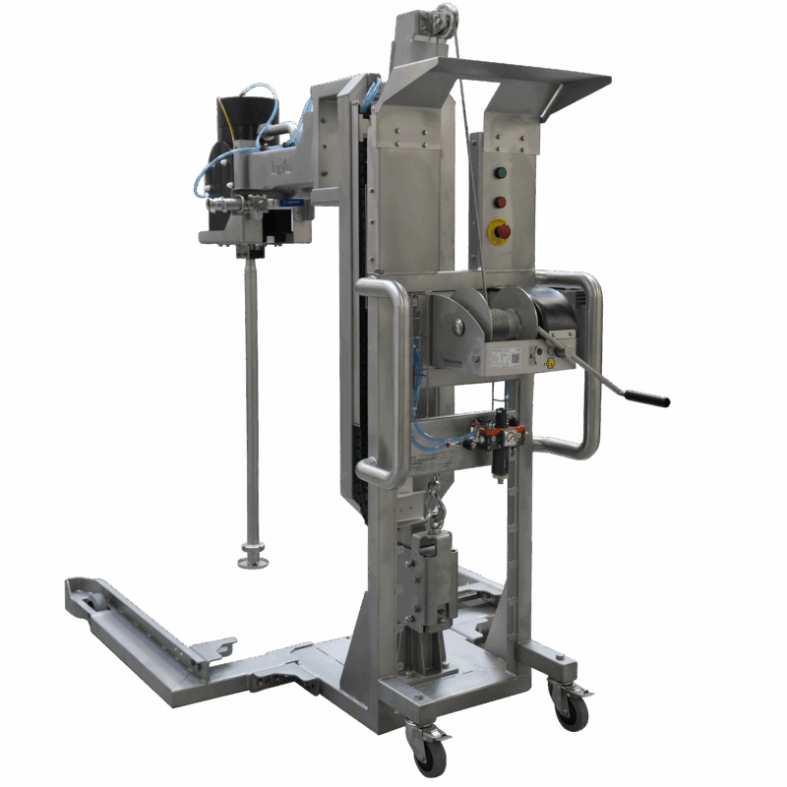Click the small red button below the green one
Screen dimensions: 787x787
click(500, 203)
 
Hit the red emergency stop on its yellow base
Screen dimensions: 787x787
click(500, 232)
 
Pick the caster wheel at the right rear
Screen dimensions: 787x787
click(571, 710)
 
